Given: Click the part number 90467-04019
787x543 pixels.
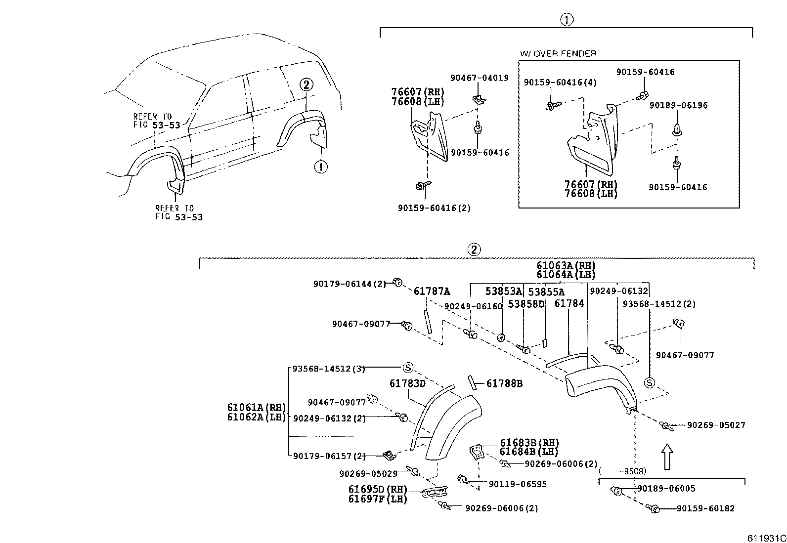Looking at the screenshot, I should pos(479,78).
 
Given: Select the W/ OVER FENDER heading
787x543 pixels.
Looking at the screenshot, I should pos(558,53).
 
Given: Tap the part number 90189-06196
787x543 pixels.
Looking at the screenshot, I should pos(678,105).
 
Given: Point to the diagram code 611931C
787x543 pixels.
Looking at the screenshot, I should pos(766,538).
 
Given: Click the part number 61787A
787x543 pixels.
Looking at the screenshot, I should pos(432,292).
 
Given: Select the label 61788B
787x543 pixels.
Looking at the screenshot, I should pos(504,383).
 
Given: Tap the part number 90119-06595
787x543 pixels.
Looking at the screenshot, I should pos(518,484).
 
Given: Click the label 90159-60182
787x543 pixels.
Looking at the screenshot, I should pos(705,508).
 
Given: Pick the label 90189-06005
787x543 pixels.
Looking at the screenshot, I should pos(665,489).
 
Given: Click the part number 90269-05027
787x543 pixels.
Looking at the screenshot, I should pos(716,425).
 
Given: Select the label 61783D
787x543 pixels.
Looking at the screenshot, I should pos(407,383).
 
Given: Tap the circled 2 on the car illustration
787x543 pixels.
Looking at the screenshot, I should pos(306,84).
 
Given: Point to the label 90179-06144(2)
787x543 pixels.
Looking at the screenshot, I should pos(349,284).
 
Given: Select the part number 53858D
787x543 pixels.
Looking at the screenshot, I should pos(526,304).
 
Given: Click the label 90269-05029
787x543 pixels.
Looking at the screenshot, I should pos(368,474).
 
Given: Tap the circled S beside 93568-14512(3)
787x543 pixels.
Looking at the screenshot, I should pos(407,368).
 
